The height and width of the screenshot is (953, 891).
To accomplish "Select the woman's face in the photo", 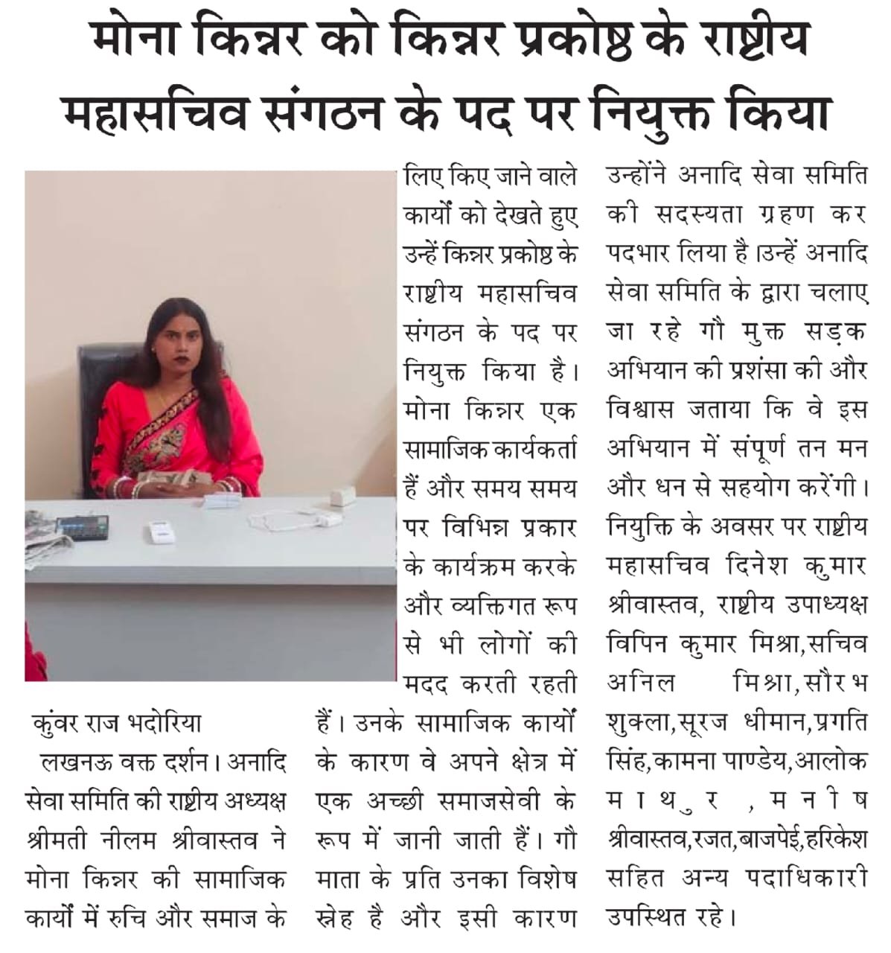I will [176, 323].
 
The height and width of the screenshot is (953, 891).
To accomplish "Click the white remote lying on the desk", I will [159, 534].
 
